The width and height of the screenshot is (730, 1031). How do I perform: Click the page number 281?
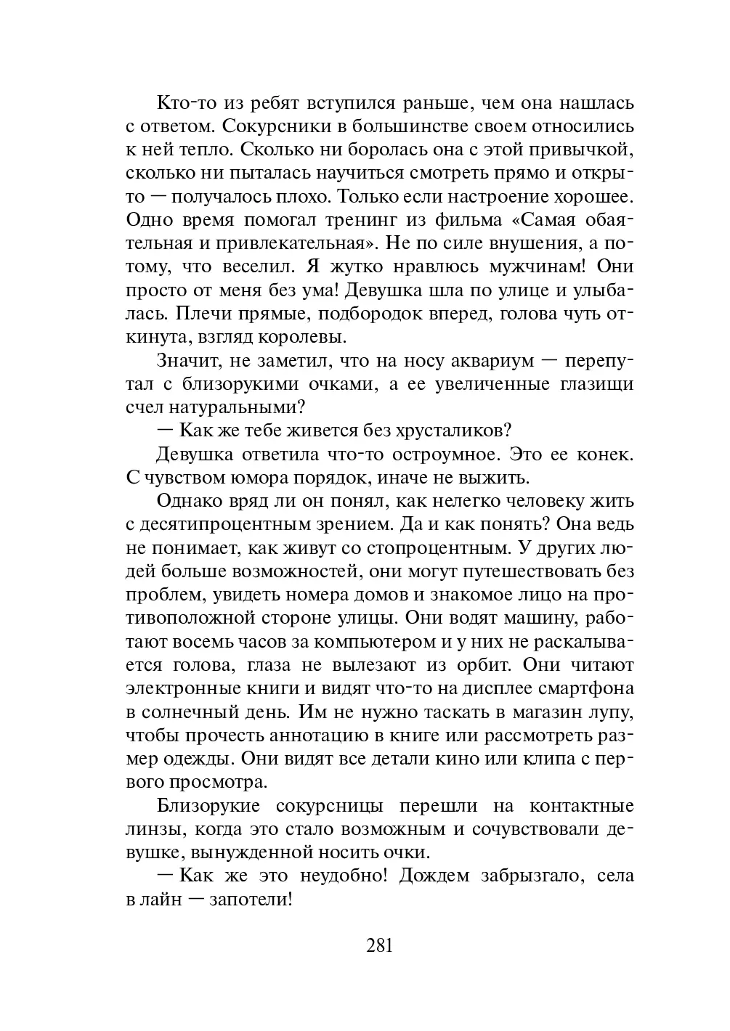pyautogui.click(x=379, y=945)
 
